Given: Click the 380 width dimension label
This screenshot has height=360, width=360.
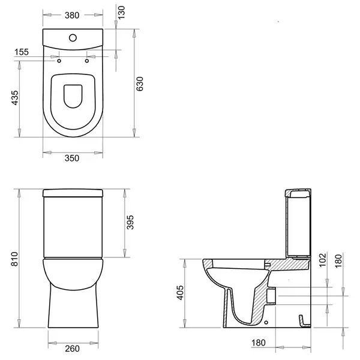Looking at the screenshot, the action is point(72,16).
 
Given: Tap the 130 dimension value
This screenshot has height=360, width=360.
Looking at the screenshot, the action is point(121,13).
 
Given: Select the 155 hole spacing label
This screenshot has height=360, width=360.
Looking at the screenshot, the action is point(22,52).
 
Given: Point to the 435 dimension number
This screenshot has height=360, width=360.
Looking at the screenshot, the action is point(15,98).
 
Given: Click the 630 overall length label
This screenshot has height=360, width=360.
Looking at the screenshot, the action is point(140,84).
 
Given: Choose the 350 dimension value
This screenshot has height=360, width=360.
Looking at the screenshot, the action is point(72,158).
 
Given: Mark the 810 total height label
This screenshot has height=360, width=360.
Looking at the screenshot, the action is point(14,259).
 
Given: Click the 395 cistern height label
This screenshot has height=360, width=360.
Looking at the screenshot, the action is point(130,222).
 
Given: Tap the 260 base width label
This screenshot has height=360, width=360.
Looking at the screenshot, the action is point(73,349).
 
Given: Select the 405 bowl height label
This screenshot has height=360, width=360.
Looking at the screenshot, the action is point(180,293).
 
